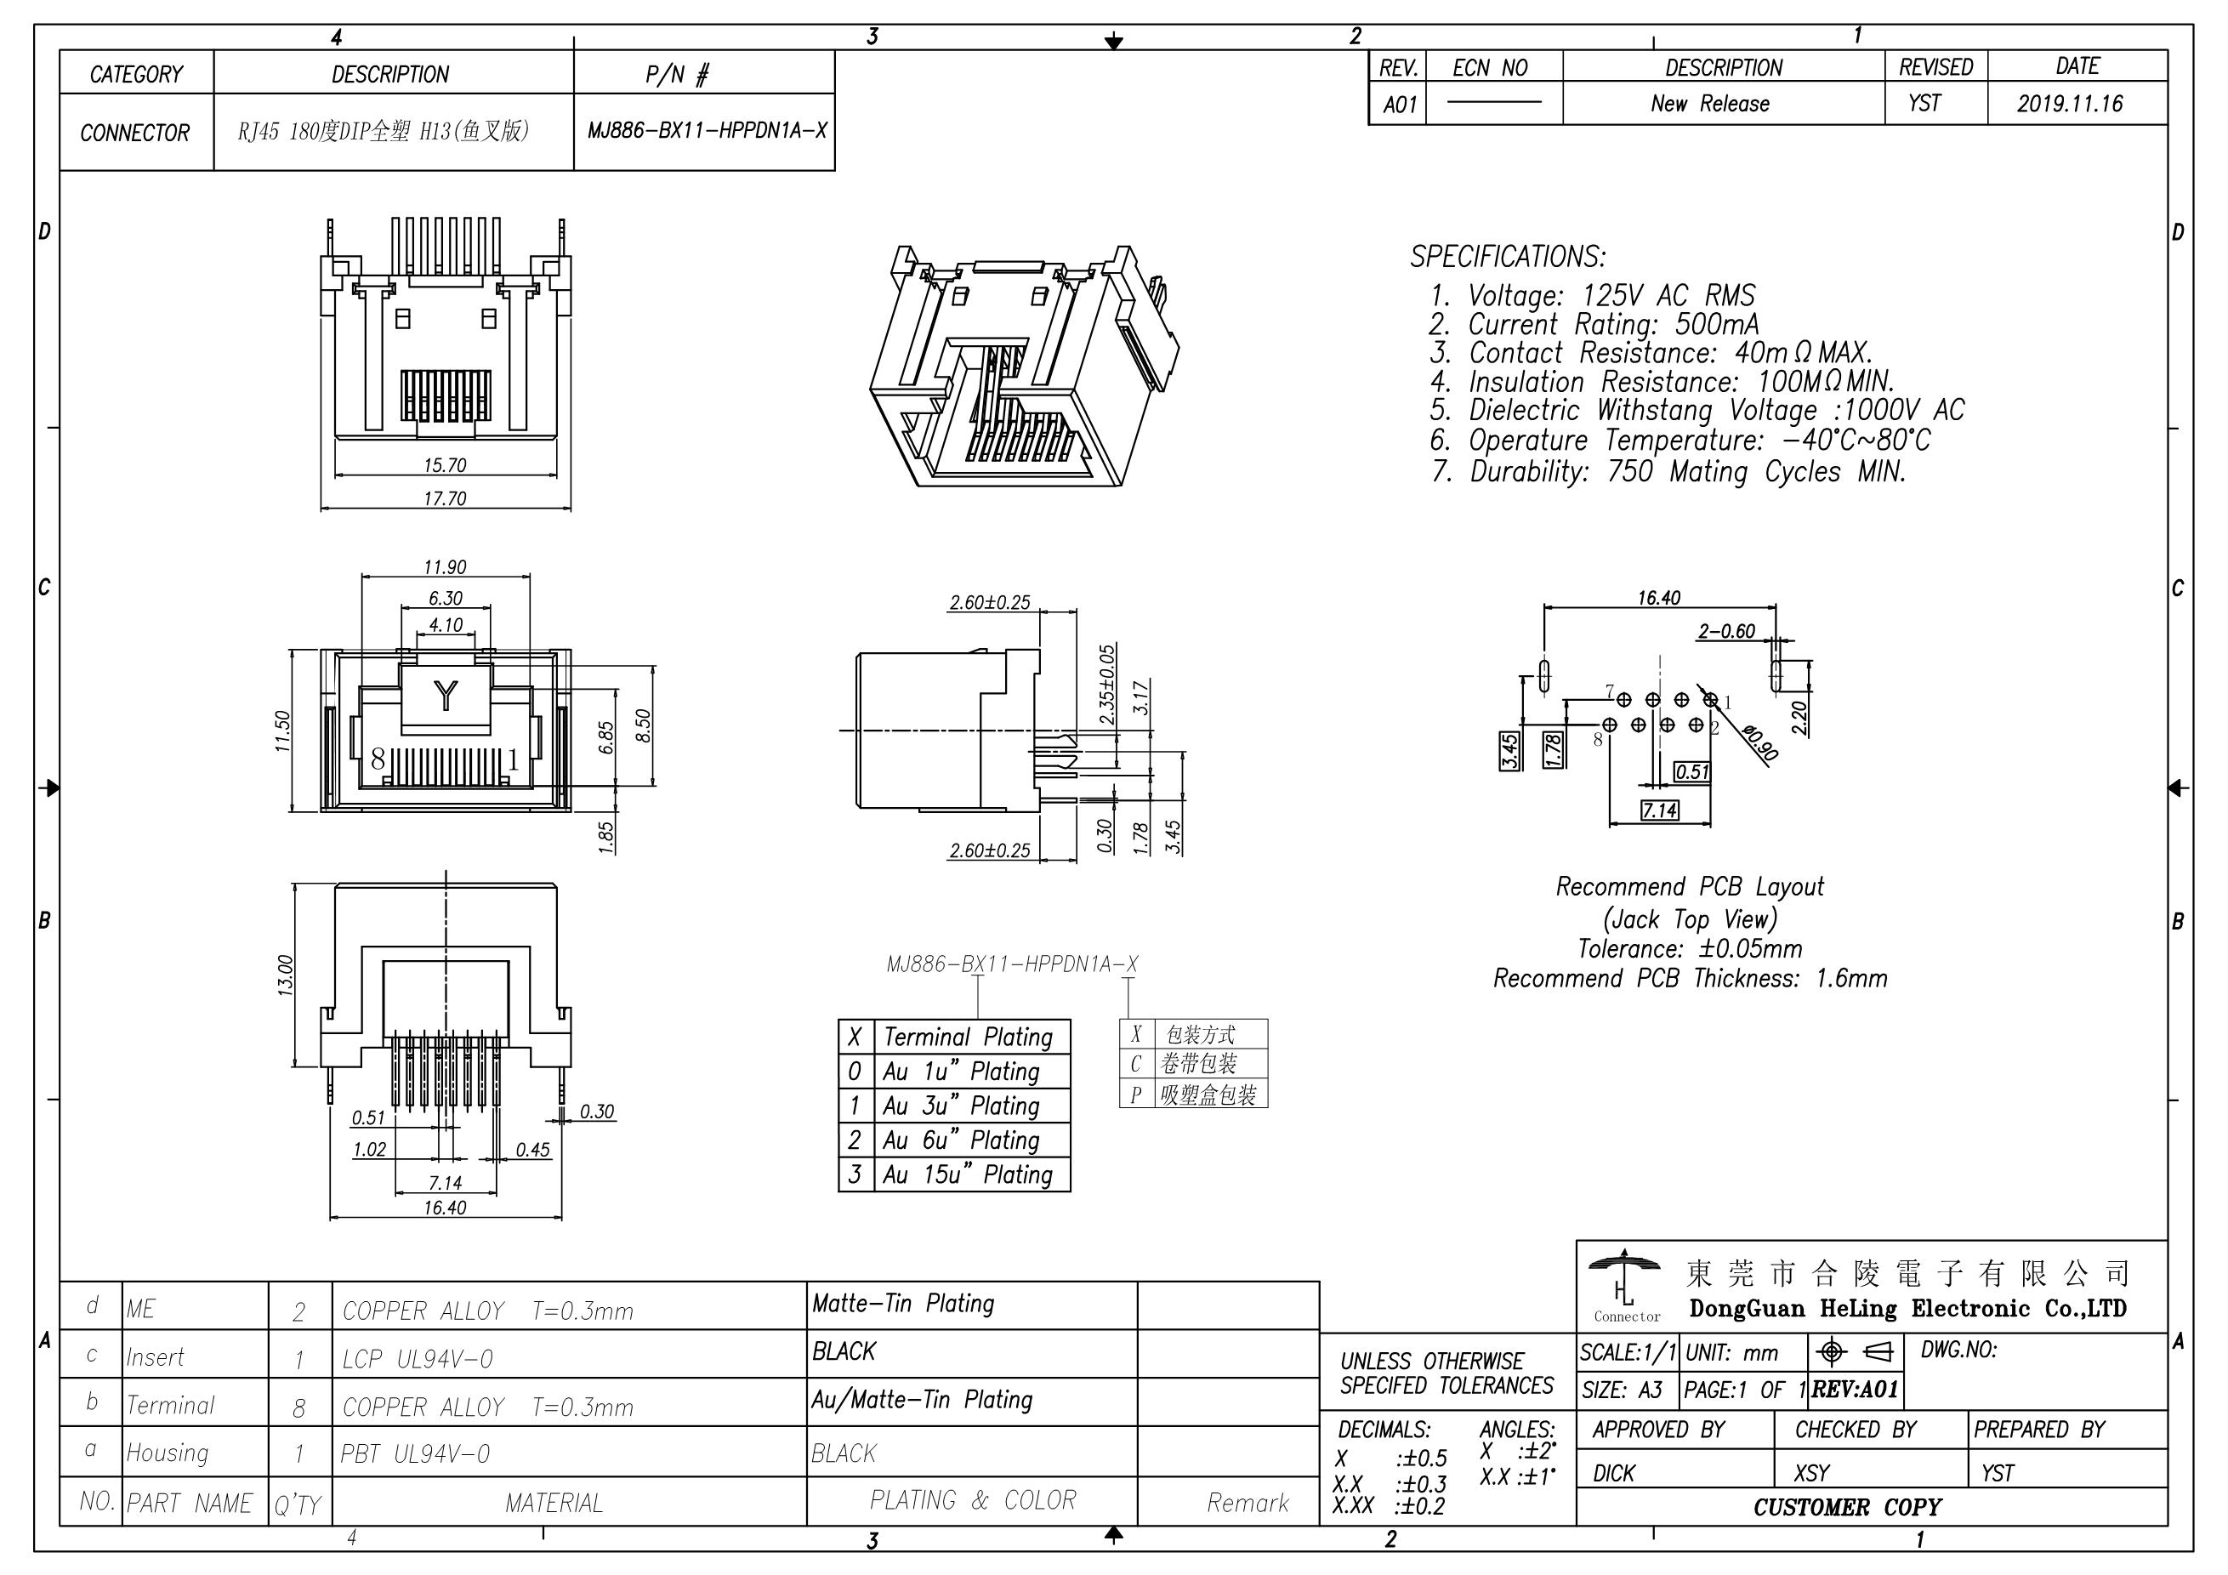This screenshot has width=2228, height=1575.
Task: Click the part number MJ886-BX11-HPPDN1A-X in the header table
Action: click(707, 131)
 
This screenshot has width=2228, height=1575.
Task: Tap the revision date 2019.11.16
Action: click(2070, 104)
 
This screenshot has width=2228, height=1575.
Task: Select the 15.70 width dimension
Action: click(445, 465)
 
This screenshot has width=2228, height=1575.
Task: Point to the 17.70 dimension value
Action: click(445, 499)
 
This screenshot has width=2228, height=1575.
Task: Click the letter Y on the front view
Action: click(446, 695)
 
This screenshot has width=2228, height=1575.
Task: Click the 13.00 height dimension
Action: click(284, 975)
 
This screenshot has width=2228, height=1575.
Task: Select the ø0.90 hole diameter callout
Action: click(1760, 743)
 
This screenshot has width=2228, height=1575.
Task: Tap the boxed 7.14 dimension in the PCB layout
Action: click(1659, 810)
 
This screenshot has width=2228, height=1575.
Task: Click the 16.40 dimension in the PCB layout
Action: click(1658, 598)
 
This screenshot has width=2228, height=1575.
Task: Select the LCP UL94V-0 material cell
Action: click(418, 1360)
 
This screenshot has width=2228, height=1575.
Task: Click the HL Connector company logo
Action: click(1625, 1287)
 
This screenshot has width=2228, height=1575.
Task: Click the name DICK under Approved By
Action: click(1614, 1473)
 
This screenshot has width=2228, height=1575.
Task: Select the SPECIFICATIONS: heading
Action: click(1507, 257)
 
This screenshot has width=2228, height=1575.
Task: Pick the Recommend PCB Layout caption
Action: click(1690, 887)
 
